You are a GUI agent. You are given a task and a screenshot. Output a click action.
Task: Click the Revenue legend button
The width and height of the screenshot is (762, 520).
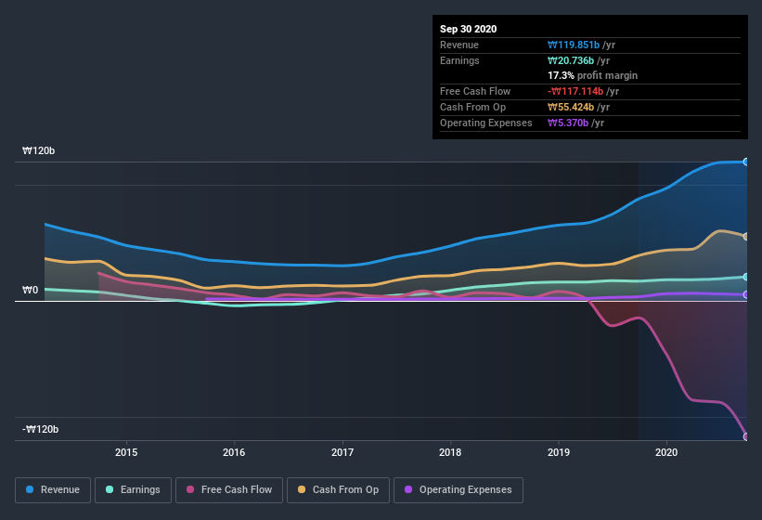coord(53,489)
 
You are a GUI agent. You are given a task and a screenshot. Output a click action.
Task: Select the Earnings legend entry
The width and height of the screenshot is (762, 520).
coord(133,489)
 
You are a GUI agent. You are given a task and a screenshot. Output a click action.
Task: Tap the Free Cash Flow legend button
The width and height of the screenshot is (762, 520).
coord(228,489)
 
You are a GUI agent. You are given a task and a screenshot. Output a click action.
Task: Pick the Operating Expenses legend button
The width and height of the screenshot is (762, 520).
coord(458,489)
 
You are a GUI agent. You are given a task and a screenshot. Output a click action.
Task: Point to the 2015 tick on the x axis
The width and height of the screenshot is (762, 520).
coord(126,452)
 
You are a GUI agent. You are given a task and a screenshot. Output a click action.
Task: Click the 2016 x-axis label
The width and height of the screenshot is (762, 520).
coord(234,452)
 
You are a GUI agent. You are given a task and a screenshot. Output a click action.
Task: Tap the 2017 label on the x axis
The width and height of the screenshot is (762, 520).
coord(342,452)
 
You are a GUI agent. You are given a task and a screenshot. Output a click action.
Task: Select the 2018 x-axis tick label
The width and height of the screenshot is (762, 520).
coord(450,452)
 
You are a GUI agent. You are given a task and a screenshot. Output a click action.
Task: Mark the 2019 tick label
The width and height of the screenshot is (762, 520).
coord(559,452)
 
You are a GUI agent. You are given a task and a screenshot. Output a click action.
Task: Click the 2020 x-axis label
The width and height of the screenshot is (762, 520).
coord(666,452)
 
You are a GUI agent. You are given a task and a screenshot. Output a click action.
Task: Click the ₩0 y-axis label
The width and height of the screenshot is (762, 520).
coord(30,290)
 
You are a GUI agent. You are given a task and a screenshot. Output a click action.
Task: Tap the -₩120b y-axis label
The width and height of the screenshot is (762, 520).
coord(41,429)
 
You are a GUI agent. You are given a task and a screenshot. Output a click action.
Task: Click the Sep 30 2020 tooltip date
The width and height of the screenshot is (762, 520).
coord(468,29)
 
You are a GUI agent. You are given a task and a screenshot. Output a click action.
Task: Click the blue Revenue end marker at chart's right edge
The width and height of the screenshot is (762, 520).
coord(746,162)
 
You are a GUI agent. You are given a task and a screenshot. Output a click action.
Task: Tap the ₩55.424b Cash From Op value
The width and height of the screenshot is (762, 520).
coord(579,107)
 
